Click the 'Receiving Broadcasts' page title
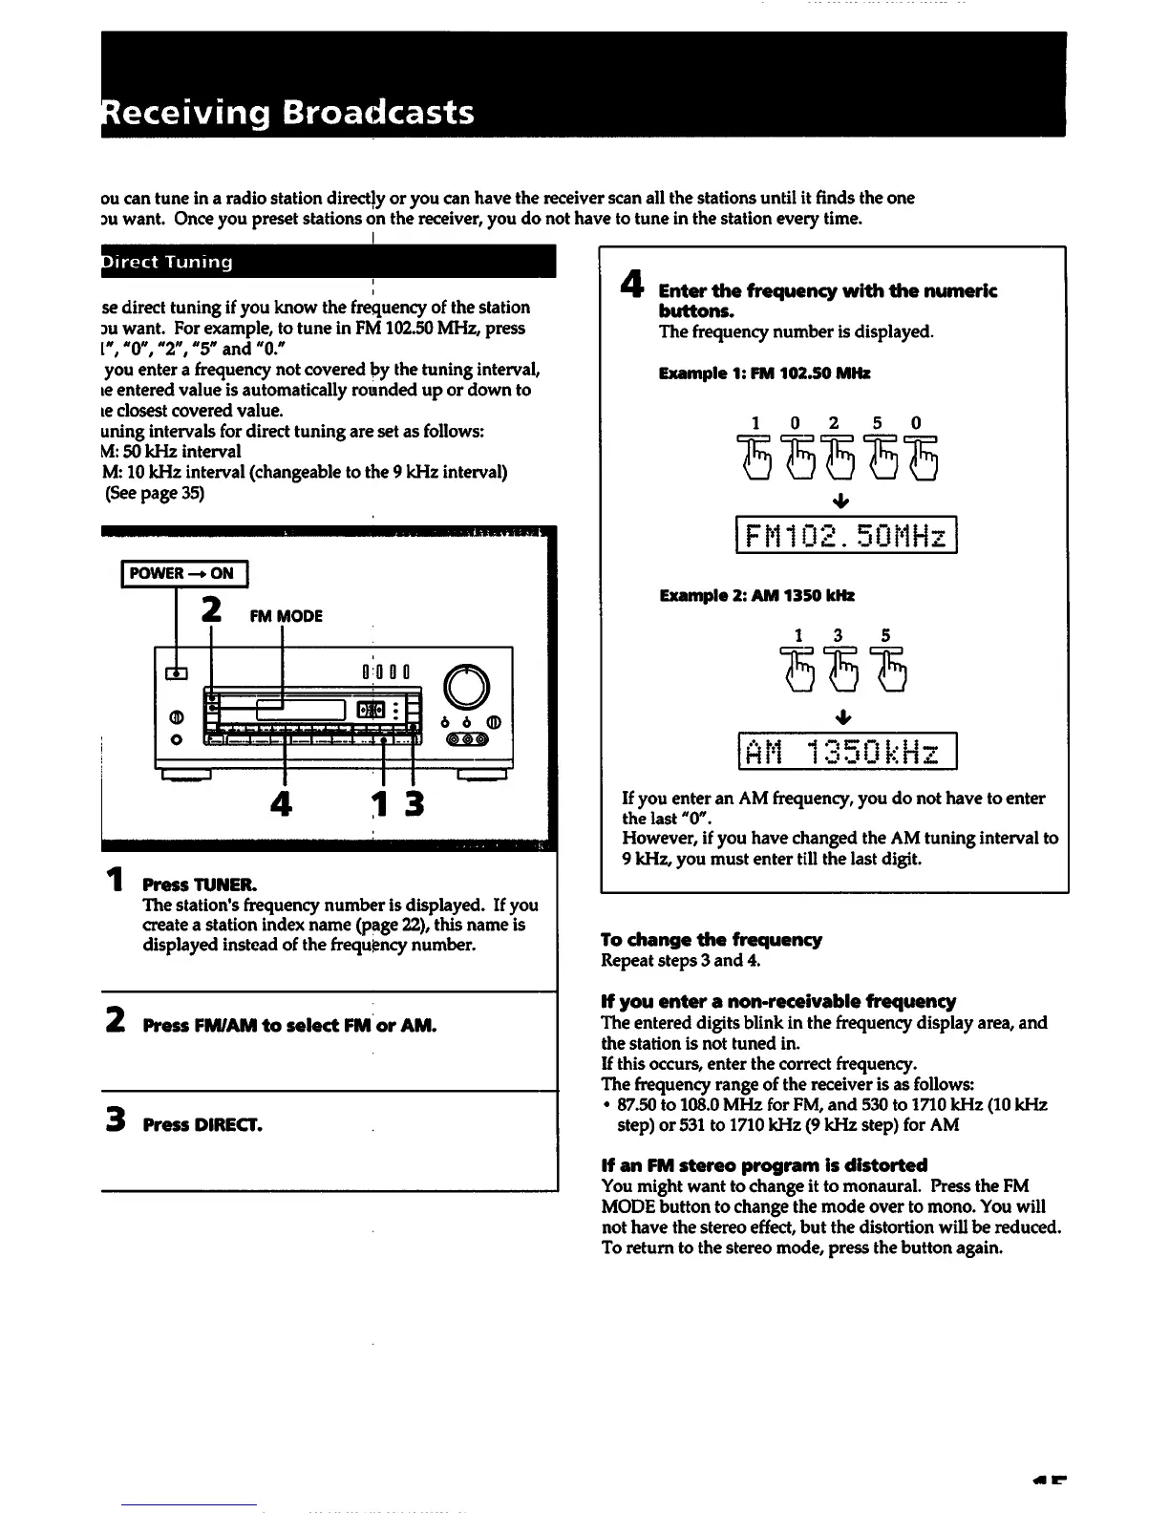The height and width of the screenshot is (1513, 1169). pos(287,113)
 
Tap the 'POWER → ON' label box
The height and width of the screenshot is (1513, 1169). pos(182,573)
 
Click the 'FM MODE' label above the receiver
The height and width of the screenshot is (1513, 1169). pos(286,616)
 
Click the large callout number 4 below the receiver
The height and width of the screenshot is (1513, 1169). pos(280,804)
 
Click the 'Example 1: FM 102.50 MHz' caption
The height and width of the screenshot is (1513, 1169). pos(765,373)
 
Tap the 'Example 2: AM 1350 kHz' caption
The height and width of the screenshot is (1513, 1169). pos(756,595)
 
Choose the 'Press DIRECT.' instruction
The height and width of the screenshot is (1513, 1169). pos(202,1124)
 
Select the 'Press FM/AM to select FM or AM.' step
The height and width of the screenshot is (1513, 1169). pos(289,1026)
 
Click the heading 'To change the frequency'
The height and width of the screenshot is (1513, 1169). pos(712,940)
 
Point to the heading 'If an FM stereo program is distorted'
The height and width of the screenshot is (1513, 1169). pos(764,1165)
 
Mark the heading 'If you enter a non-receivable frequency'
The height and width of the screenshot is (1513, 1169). pos(778,1001)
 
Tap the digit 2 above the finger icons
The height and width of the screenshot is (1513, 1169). pos(834,423)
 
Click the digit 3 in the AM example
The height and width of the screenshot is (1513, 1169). pos(838,634)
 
